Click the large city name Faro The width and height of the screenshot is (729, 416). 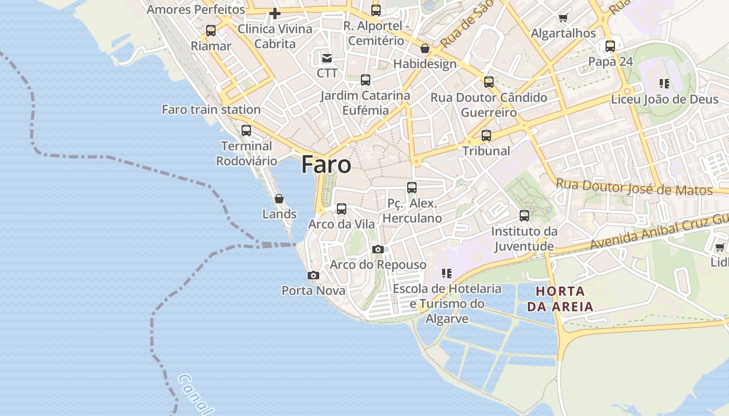click(326, 164)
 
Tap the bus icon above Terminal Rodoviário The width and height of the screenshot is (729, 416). click(246, 130)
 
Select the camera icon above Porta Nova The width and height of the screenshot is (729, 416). click(313, 275)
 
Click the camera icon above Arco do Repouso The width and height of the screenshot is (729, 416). click(378, 250)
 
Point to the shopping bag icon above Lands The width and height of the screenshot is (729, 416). click(279, 199)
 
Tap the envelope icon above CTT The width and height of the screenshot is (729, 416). click(327, 58)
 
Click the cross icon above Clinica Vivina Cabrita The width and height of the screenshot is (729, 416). click(275, 14)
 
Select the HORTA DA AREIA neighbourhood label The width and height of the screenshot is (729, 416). click(560, 298)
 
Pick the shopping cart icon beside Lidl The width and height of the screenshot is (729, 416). click(720, 247)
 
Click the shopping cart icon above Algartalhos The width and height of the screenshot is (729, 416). click(563, 18)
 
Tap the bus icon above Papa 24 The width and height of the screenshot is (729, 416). click(610, 46)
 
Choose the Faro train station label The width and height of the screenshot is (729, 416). click(211, 110)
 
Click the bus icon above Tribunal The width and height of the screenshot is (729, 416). click(486, 135)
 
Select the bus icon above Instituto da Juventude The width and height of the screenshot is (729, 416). click(524, 215)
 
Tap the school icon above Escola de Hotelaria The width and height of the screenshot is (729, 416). click(446, 273)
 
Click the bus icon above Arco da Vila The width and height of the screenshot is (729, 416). click(342, 209)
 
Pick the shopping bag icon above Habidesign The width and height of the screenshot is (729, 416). click(425, 48)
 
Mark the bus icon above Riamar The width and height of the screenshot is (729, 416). click(211, 30)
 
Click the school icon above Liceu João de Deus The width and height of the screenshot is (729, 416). click(664, 83)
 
